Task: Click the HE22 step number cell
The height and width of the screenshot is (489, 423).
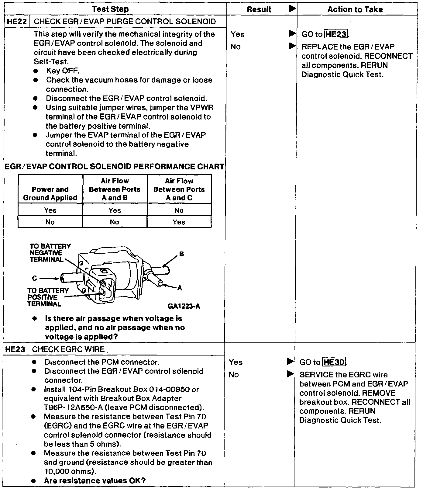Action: click(x=17, y=22)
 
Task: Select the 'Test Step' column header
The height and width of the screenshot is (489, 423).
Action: click(x=110, y=9)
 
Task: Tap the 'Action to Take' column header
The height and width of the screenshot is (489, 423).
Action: click(x=355, y=9)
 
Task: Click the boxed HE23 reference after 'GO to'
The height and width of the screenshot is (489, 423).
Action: click(x=336, y=34)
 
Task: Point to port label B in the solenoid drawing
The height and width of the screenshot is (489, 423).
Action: click(x=181, y=254)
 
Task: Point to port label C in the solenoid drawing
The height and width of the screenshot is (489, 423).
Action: click(x=35, y=278)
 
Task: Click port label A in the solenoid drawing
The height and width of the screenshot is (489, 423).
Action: click(x=180, y=288)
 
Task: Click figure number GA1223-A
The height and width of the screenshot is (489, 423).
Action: click(x=184, y=306)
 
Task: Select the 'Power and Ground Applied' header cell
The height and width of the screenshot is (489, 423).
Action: click(x=50, y=193)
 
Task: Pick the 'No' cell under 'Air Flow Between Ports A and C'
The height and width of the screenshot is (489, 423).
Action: click(x=179, y=210)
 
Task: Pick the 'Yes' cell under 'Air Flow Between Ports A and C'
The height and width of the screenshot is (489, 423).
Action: click(x=179, y=222)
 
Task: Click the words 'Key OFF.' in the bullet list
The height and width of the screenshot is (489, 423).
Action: click(x=63, y=71)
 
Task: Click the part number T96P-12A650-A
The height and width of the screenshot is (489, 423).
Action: click(x=74, y=407)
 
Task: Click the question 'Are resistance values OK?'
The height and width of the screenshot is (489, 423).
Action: click(x=95, y=481)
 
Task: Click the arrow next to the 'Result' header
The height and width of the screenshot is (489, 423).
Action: click(x=292, y=9)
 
